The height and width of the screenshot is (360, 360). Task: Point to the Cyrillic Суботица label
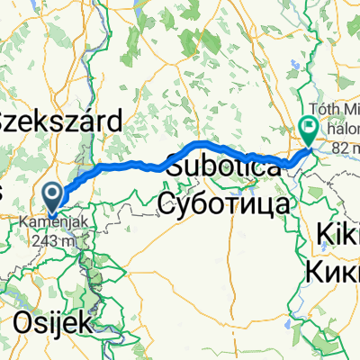[224, 203]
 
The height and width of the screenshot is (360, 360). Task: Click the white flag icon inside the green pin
[308, 128]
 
